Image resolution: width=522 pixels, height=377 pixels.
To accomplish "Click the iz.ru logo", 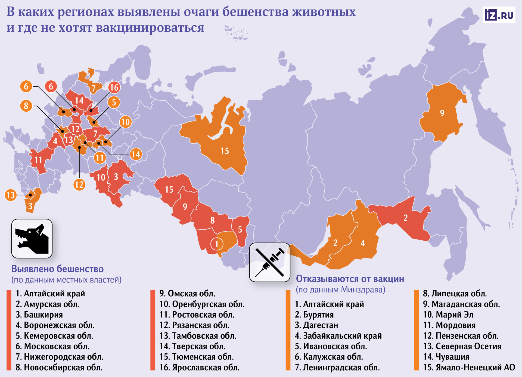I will pos(499,15).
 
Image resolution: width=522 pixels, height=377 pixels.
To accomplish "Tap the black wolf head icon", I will pos(32,238).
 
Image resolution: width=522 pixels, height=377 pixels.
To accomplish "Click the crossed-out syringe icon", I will pos(269,262).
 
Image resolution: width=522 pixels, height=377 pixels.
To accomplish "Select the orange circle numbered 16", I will pos(114,87).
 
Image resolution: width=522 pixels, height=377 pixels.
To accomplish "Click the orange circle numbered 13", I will pos(11,195).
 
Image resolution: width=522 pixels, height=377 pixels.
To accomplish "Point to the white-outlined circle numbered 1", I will pos(217,244).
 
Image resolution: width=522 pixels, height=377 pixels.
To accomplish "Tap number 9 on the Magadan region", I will pos(442,113).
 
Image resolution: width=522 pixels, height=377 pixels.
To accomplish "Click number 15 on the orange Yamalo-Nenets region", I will pos(225,151).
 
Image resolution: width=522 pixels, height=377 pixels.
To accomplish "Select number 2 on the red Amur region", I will pos(405,218).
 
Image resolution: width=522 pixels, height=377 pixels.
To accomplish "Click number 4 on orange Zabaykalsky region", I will pos(363,243).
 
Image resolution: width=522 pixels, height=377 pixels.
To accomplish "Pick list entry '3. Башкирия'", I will pos(39,315).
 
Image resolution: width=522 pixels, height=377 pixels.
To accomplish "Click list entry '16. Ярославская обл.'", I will pos(199,367).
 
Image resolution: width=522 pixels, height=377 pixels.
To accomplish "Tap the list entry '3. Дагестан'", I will pos(316,325).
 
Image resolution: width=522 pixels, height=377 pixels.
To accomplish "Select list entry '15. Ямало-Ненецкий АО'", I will pos(469,367).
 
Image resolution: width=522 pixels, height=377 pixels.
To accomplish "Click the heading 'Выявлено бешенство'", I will pos(57,269).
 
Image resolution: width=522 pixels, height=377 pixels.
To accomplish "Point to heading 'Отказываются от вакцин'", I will pos(350,279).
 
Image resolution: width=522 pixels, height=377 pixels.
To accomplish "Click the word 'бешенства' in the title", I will pos(255,12).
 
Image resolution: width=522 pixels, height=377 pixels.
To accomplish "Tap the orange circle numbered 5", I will pos(114,102).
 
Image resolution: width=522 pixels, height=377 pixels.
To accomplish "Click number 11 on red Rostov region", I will pos(38,160).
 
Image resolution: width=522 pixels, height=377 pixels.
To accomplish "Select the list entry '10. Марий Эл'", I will pos(448,315).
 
